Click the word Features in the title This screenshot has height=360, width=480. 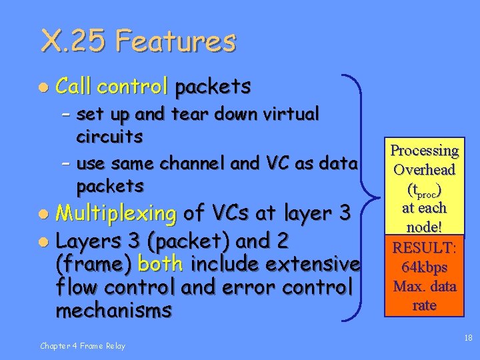point(176,41)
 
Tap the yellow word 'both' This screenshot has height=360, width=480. point(161,264)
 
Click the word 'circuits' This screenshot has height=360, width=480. point(110,137)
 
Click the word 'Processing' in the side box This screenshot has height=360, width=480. point(425,151)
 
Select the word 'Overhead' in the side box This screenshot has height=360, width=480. point(425,169)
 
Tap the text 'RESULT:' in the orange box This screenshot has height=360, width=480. point(425,249)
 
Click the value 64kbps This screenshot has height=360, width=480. point(425,267)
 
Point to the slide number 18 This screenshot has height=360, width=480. point(467,339)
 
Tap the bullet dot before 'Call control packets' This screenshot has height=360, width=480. point(42,87)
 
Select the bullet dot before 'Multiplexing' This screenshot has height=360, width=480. point(42,215)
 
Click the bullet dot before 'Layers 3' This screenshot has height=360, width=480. point(42,240)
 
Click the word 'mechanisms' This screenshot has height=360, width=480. point(113,311)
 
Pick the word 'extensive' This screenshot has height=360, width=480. point(308,264)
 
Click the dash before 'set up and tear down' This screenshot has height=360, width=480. point(65,115)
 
